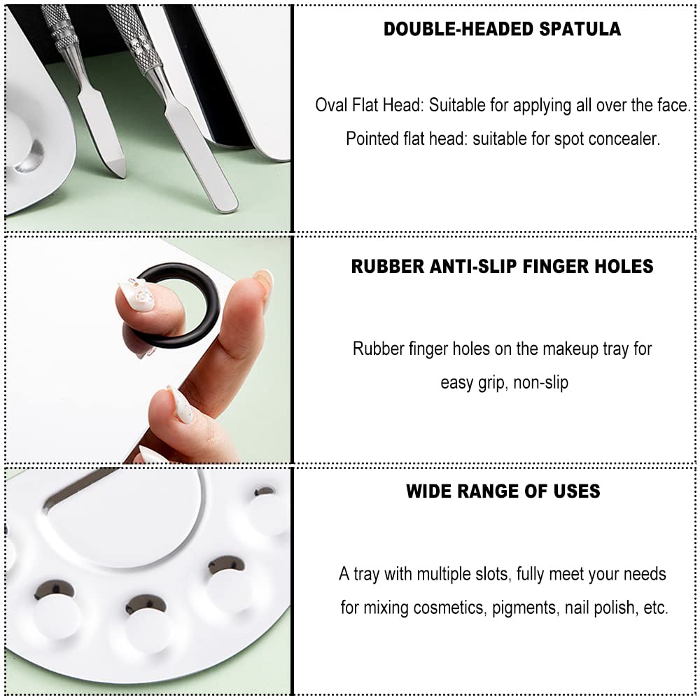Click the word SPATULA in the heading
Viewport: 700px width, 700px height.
tap(580, 29)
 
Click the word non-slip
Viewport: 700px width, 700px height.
tap(540, 383)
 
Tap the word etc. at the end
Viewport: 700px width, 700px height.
tap(656, 608)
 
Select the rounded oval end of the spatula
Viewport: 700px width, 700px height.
tap(226, 203)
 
